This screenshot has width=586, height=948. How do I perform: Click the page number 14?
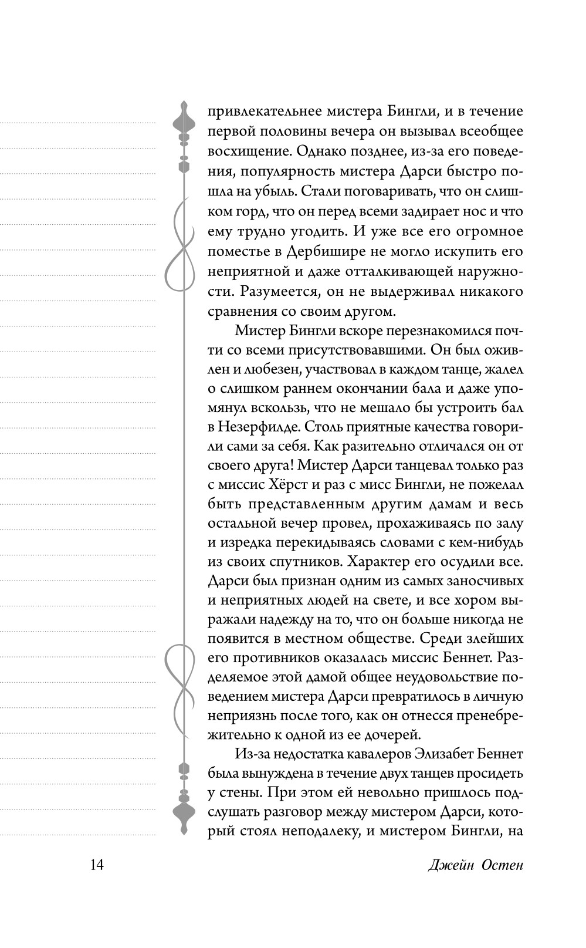tap(97, 865)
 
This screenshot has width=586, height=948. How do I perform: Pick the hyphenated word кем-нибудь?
tap(480, 541)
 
